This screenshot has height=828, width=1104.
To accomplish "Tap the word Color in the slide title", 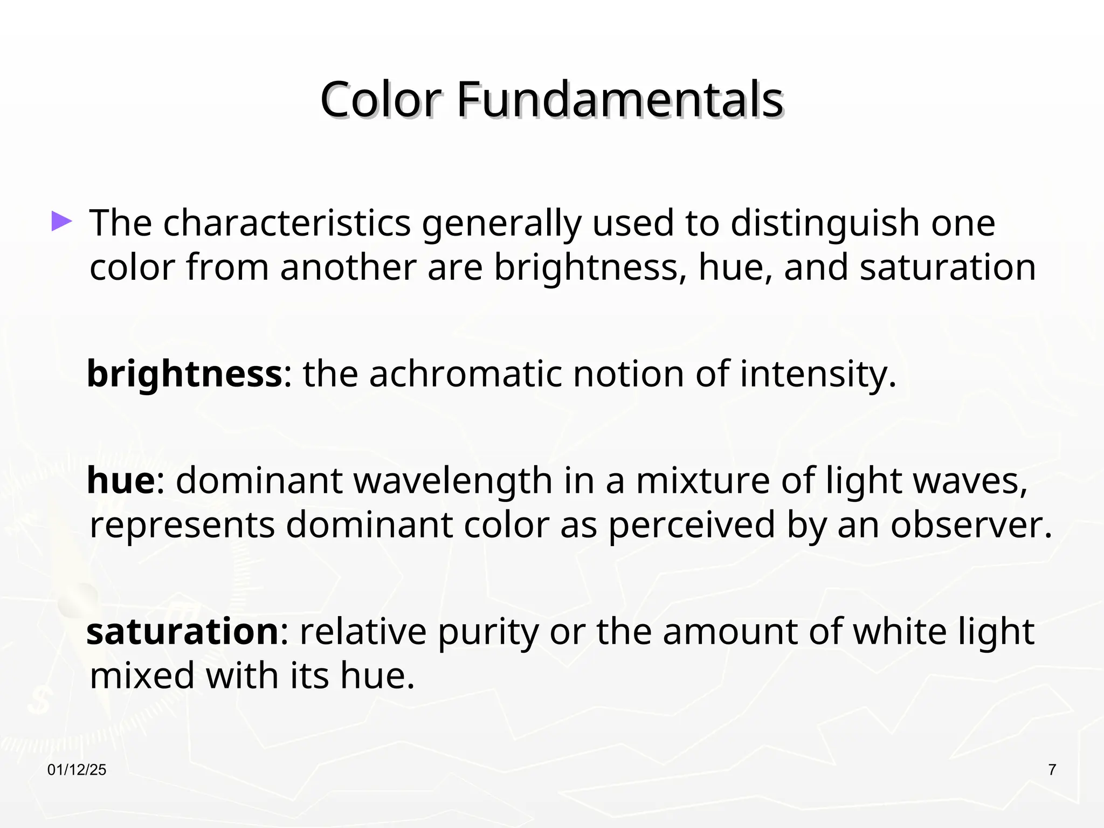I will coord(381,100).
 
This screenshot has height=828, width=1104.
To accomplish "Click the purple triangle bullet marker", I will coord(61,222).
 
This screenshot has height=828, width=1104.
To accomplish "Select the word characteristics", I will coord(287,223).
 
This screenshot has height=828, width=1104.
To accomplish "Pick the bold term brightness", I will coord(184,374).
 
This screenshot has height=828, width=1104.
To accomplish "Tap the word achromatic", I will coord(465,374).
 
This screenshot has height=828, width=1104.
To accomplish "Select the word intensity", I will coord(818,374).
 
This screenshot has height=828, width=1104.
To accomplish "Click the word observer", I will coord(971,525).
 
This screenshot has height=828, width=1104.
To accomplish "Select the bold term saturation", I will coord(182,631).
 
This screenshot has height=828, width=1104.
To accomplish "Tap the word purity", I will coord(488,632).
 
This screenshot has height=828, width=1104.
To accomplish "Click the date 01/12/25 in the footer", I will coord(77,770).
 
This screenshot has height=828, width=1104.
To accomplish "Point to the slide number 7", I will coord(1052,770).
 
